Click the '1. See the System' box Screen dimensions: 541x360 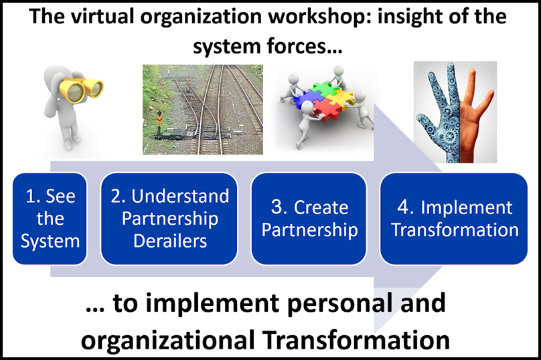coord(50,219)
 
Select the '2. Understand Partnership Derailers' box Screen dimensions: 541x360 coord(169,219)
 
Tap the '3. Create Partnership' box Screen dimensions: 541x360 coord(309,219)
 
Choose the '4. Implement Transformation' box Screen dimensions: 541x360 coord(454,219)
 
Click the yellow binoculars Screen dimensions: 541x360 coord(81,89)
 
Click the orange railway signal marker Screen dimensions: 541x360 coord(159,118)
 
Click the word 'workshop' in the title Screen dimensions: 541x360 coord(317,17)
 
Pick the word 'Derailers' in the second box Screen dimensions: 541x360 coord(170,241)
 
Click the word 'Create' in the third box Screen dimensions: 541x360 coord(321,207)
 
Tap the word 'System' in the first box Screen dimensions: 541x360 coord(50,242)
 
